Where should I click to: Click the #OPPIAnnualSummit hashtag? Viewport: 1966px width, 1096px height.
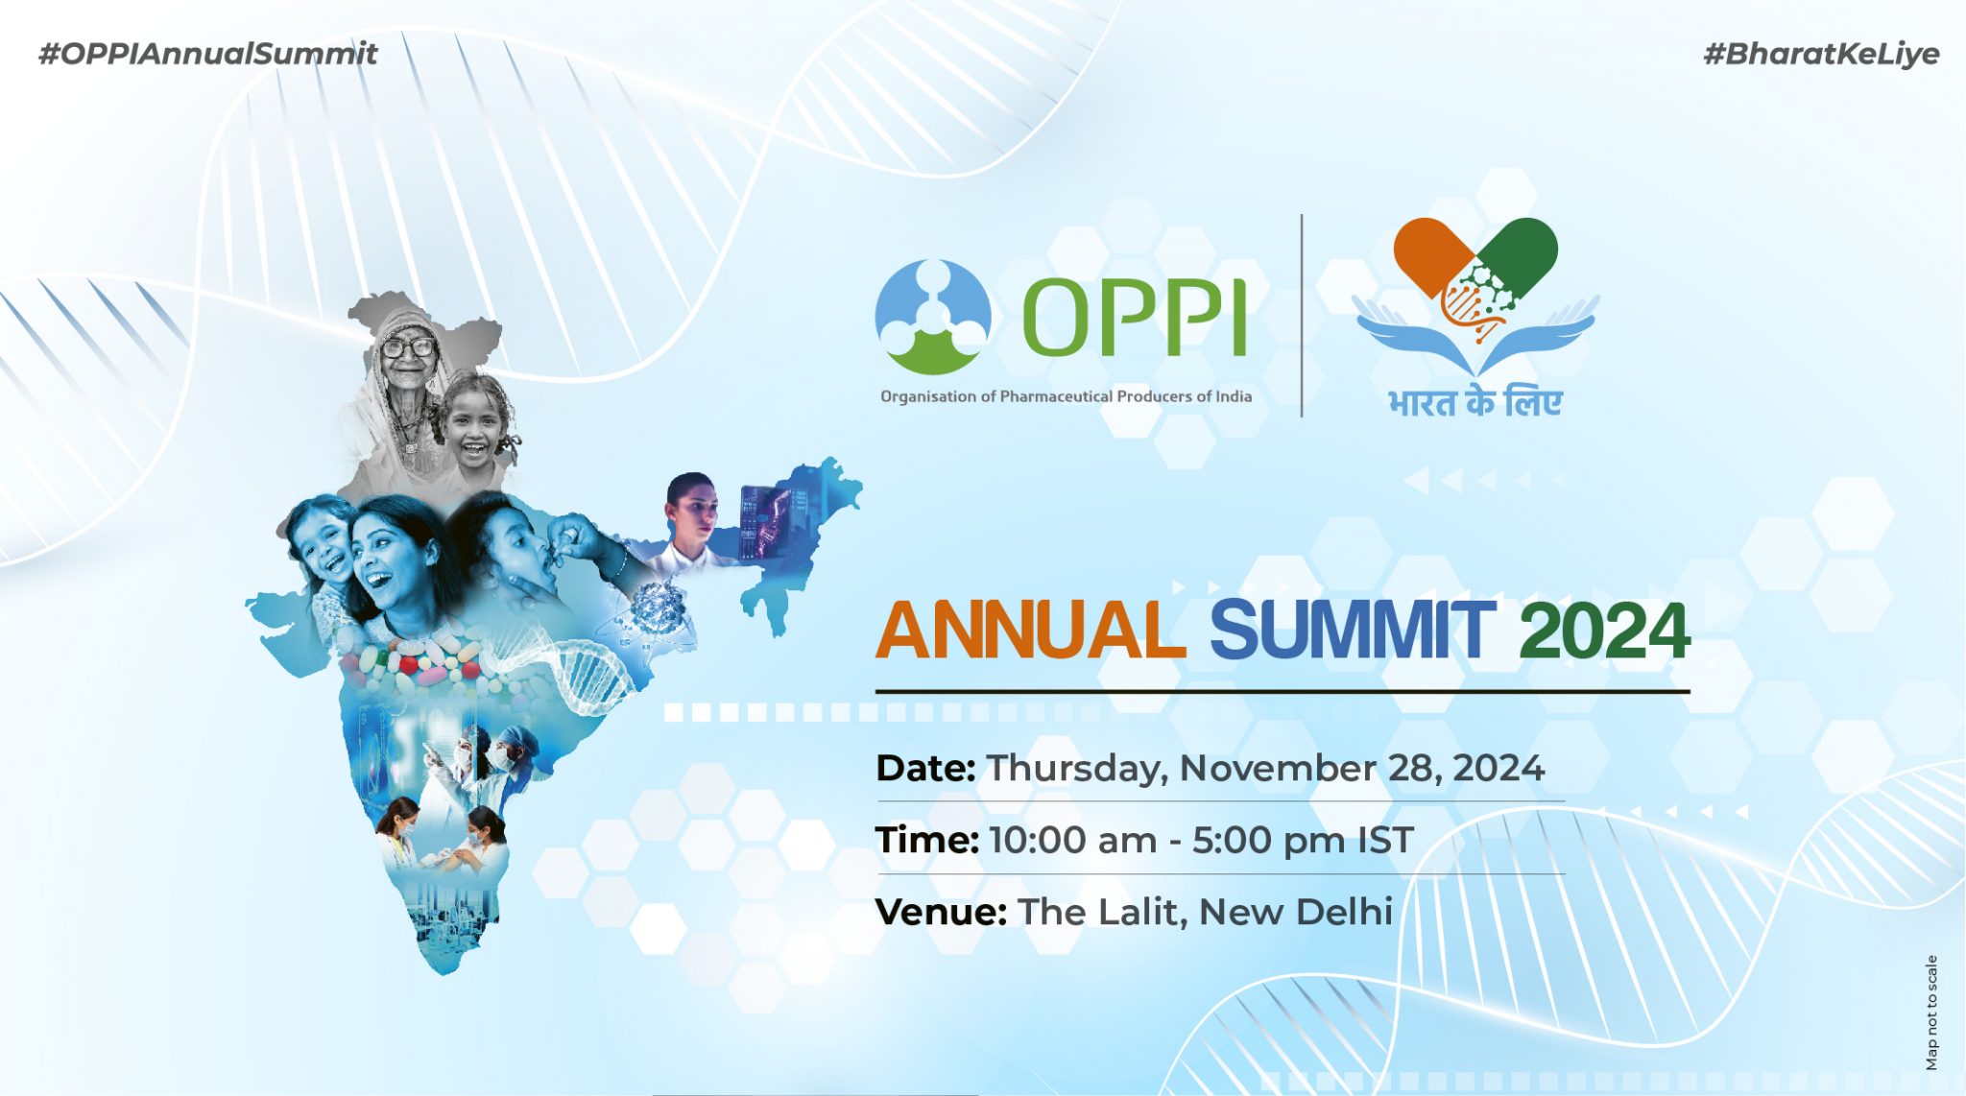pos(207,54)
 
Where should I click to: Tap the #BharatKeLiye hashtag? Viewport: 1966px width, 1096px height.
pos(1821,54)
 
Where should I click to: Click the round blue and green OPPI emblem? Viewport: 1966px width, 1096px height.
pos(932,317)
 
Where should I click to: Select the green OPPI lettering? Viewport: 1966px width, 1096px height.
pos(1134,317)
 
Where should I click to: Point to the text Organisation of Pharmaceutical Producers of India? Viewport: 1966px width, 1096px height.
pos(1066,396)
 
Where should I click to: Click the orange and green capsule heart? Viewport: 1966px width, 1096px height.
pos(1475,259)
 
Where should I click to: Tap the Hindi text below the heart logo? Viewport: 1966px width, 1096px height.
pos(1475,401)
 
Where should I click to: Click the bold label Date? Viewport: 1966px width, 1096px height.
pos(925,768)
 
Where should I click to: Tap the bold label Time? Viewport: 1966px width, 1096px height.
pos(926,840)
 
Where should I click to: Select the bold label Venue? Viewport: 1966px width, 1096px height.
pos(941,912)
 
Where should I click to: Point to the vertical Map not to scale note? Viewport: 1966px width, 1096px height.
pos(1931,1013)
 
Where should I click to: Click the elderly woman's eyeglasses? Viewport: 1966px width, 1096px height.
pos(407,346)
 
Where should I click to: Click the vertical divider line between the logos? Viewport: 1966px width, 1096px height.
pos(1302,316)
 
